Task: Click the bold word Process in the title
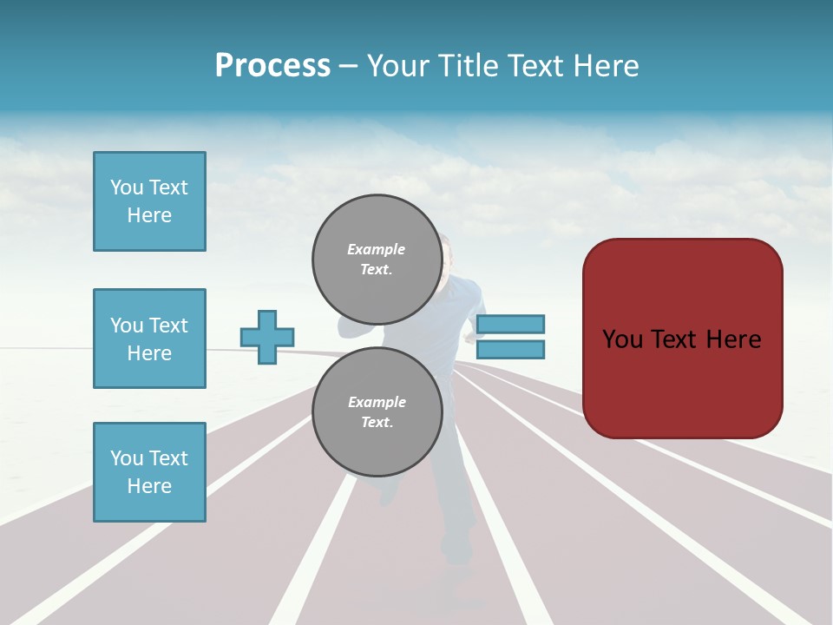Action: click(272, 66)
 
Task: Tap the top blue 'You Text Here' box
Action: click(149, 201)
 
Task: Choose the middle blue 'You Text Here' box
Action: click(149, 339)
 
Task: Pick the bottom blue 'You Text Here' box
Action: click(149, 472)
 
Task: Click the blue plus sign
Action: click(267, 337)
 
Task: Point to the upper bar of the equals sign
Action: click(510, 324)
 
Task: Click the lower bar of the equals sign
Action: click(510, 349)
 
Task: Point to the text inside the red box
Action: click(682, 339)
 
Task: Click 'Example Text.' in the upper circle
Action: click(377, 259)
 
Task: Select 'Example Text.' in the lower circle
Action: click(377, 412)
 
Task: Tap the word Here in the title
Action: click(603, 66)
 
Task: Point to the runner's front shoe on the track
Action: click(455, 551)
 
